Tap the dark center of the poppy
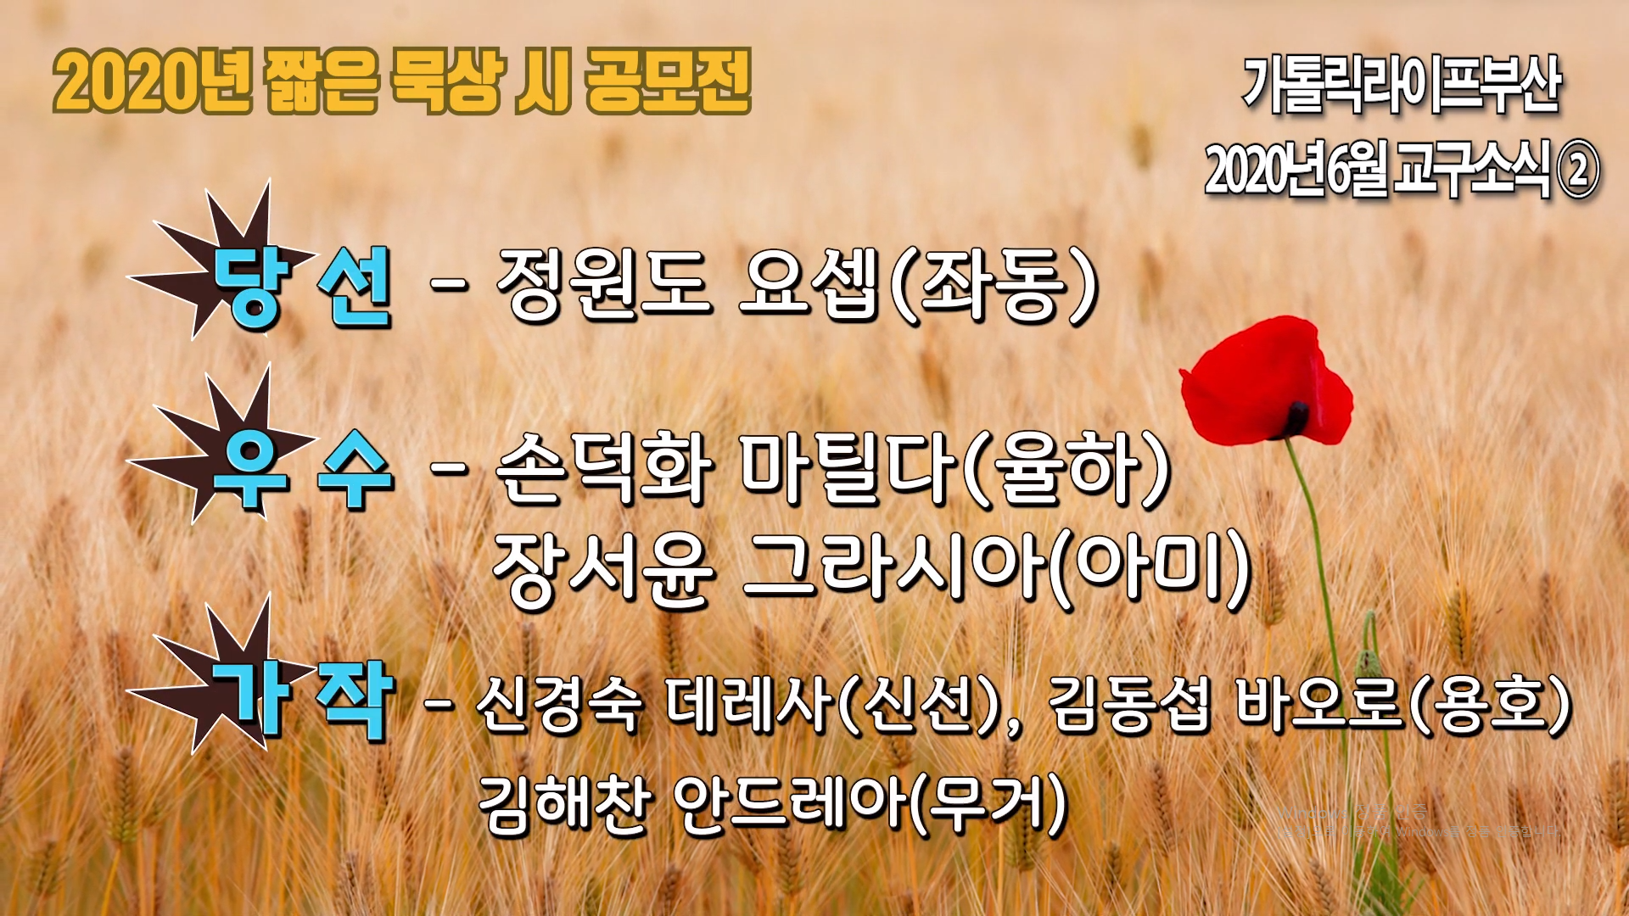(x=1296, y=416)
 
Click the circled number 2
(x=1578, y=170)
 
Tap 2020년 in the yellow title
(x=153, y=82)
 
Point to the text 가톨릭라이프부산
(x=1402, y=85)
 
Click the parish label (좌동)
(x=997, y=287)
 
